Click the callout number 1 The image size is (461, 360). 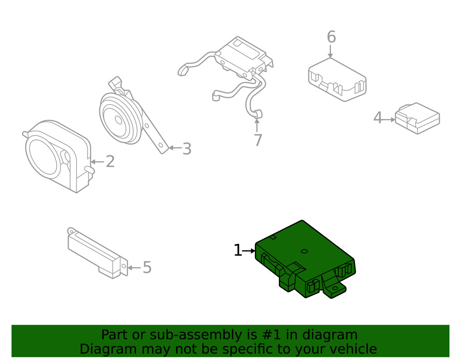tap(237, 251)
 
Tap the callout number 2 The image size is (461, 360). tap(110, 162)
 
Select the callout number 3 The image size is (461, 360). tap(186, 148)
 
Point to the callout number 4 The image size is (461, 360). tap(378, 118)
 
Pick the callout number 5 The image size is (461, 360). tap(147, 267)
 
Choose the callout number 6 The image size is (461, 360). tap(331, 37)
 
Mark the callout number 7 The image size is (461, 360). tap(257, 140)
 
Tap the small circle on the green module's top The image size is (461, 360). tap(304, 251)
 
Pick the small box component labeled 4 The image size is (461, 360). tap(417, 118)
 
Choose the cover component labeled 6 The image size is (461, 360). tap(337, 78)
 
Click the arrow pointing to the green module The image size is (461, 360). tap(249, 251)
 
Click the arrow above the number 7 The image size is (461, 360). tap(257, 125)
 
